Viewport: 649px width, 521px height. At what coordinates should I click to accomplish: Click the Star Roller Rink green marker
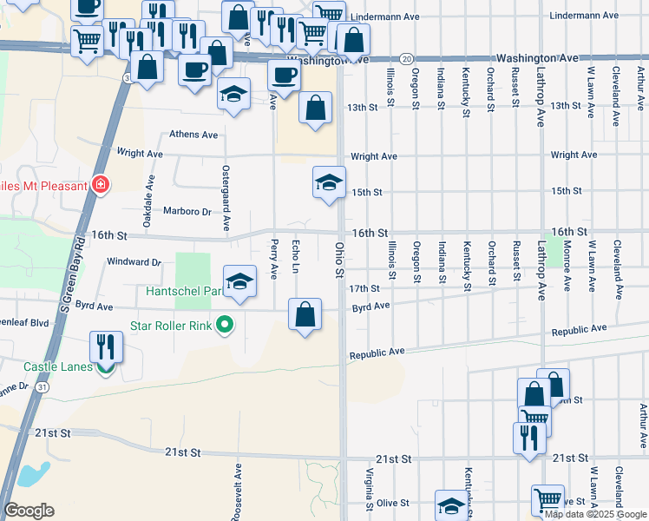[x=225, y=326]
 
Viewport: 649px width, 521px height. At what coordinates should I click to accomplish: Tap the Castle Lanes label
[x=58, y=367]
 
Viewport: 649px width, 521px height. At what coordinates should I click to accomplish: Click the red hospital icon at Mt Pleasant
[x=102, y=185]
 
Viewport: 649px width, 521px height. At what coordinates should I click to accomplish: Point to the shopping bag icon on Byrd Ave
[x=305, y=316]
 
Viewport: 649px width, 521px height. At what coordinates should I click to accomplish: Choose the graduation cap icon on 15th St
[x=329, y=183]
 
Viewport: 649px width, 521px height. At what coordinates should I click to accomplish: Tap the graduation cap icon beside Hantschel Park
[x=240, y=283]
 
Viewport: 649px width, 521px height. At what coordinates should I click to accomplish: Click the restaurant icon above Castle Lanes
[x=106, y=346]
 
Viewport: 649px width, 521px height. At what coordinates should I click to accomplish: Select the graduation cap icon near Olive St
[x=451, y=506]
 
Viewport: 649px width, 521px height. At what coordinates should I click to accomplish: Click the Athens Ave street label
[x=193, y=135]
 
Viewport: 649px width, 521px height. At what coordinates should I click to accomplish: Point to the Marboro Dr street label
[x=187, y=212]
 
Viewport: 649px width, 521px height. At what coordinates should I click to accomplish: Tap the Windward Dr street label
[x=134, y=261]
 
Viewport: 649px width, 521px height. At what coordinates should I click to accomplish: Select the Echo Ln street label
[x=296, y=258]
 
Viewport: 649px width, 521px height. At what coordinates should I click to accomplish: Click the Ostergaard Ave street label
[x=226, y=197]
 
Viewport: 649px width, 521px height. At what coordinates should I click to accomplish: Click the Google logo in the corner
[x=29, y=511]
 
